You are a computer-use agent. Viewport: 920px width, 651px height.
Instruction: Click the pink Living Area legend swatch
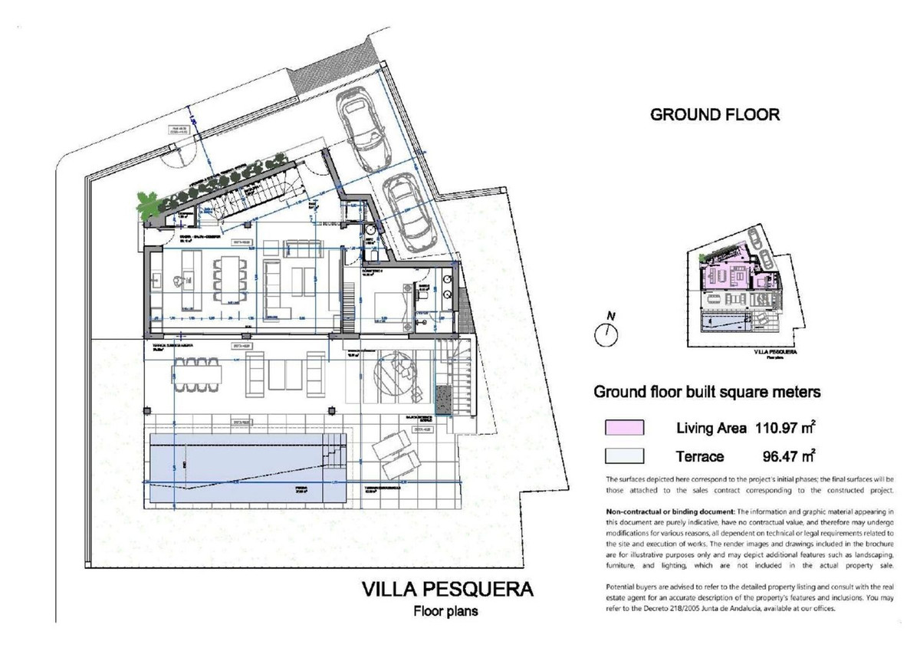(624, 428)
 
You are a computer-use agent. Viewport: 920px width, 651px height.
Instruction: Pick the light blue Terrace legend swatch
(624, 456)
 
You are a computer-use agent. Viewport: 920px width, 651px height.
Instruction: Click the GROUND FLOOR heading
(715, 116)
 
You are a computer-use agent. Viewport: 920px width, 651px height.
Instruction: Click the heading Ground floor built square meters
(708, 392)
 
